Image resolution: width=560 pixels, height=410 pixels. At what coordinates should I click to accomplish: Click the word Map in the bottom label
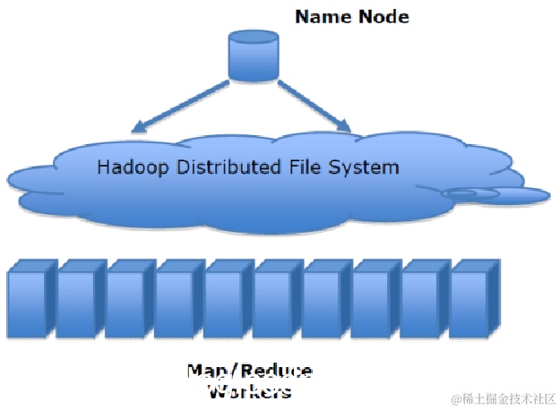(205, 372)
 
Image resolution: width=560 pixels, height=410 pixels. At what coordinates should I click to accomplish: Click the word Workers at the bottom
(249, 391)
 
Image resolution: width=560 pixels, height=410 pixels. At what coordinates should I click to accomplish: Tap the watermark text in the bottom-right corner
(502, 397)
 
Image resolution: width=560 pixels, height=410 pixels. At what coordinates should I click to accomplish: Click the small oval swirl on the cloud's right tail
(470, 193)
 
